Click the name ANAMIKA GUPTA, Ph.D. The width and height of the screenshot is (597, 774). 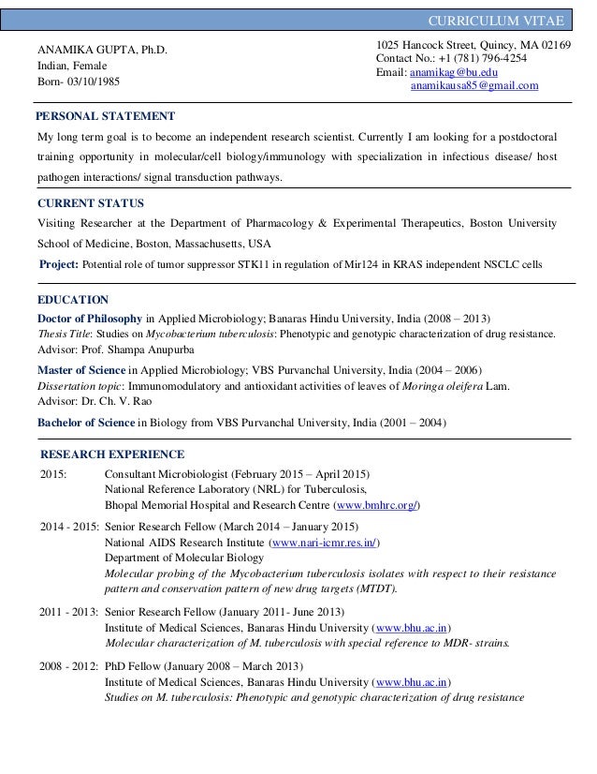click(x=103, y=49)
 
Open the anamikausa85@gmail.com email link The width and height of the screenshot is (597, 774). click(x=474, y=86)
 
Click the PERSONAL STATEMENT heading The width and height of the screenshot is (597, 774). click(x=105, y=116)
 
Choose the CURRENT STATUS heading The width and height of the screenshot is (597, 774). click(x=90, y=202)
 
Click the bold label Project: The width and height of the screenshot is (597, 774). click(x=60, y=264)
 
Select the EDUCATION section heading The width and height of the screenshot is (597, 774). click(x=73, y=300)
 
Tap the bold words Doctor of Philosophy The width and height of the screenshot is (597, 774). click(x=90, y=317)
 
